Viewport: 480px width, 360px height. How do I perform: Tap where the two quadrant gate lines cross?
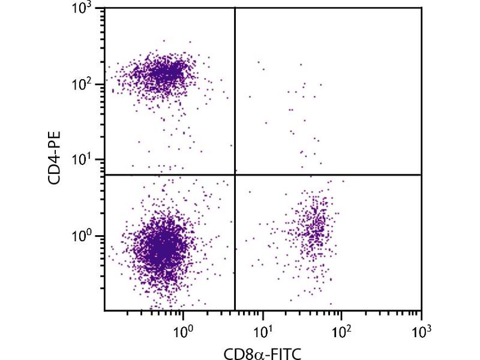[234, 175]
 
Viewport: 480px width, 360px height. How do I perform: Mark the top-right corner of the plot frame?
[421, 8]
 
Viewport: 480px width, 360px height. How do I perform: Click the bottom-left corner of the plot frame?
[104, 311]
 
